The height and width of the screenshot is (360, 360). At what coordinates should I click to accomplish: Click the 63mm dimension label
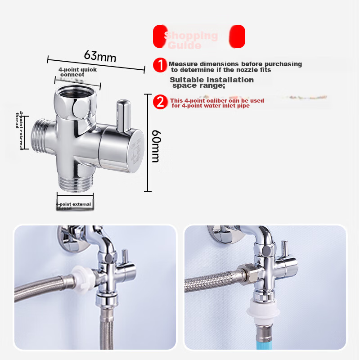point(100,56)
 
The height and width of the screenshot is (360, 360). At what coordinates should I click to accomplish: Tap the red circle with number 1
point(160,65)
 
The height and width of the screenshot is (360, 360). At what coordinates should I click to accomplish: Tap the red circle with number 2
point(160,102)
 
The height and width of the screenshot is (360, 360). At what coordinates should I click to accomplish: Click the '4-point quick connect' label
point(77,72)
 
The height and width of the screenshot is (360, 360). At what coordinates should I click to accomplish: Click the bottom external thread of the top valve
point(75,181)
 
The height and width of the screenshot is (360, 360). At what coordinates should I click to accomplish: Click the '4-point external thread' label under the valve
point(74,206)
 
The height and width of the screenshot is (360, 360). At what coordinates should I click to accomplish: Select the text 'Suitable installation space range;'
point(211,82)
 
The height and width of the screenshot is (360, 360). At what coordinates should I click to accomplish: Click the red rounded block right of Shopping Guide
point(237,36)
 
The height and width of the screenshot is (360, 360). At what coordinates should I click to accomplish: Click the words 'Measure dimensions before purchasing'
point(235,64)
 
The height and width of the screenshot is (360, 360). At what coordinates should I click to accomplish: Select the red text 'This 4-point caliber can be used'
point(217,100)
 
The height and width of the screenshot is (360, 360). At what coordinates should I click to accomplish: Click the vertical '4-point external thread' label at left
point(19,130)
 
